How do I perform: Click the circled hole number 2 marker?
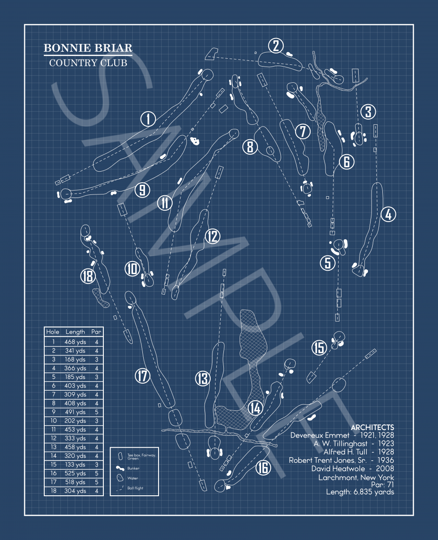[276, 46]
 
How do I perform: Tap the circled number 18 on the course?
[88, 276]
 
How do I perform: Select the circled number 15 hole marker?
[319, 348]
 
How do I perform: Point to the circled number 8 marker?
[250, 146]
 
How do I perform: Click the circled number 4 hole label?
[388, 214]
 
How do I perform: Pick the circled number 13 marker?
[203, 378]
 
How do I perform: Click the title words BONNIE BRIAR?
[88, 48]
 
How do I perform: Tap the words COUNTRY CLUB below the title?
[88, 63]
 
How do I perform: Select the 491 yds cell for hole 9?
[75, 412]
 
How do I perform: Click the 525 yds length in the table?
[75, 473]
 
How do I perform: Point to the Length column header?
[75, 332]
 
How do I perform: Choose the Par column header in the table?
[96, 332]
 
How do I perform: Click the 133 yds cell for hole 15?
[75, 465]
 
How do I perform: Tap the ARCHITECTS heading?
[372, 427]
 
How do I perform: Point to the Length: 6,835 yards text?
[360, 492]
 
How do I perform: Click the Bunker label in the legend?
[133, 469]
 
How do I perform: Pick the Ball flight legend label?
[135, 488]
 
